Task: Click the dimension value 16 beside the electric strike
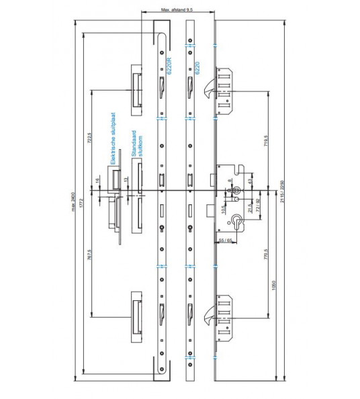tap(99, 181)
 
